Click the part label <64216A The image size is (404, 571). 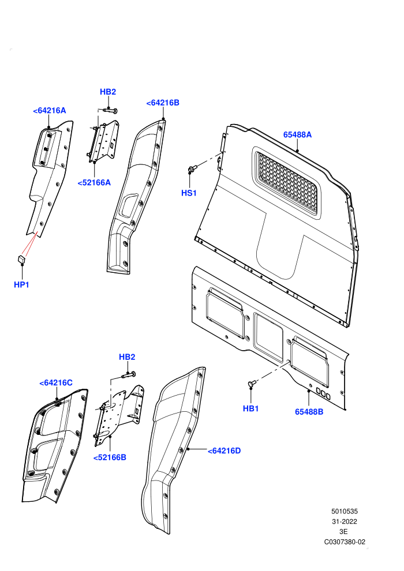point(50,111)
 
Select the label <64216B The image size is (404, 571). point(163,103)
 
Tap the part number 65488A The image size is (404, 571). point(298,135)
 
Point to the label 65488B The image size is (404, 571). point(309,412)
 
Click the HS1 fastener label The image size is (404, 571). point(189,193)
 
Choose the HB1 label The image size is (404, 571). point(250,408)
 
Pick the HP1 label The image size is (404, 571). point(21,285)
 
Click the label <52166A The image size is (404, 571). point(94,183)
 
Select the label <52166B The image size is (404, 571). point(110,457)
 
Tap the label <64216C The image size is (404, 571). point(56,383)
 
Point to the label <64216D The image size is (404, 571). point(225,451)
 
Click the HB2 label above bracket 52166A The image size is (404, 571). point(108,92)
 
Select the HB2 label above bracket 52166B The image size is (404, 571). point(127,357)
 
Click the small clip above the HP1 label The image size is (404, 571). point(21,259)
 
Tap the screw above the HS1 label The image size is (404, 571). point(192,168)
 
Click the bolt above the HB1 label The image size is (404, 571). point(252,383)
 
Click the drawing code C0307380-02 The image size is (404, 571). point(345,542)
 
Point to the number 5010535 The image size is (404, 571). point(345,511)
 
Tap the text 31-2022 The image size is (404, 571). point(345,521)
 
